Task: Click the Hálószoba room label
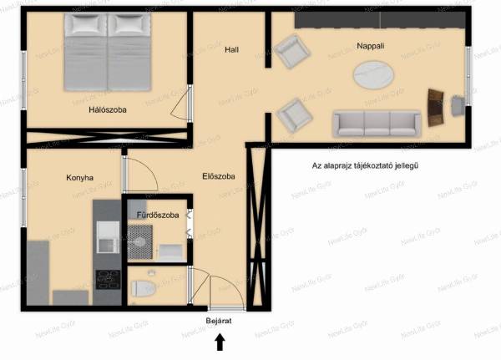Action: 108,110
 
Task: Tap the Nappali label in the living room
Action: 370,46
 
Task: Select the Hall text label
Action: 231,49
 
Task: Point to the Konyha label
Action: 79,178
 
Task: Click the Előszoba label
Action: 219,176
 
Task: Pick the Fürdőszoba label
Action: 158,215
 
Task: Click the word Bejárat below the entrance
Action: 219,321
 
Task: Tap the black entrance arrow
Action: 220,342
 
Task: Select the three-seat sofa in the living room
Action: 377,124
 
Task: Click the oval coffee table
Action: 373,75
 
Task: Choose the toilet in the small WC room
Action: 144,288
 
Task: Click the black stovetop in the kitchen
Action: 108,280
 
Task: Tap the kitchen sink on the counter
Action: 108,237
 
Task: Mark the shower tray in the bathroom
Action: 140,242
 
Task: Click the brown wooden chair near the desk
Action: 436,108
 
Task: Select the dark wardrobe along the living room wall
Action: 380,20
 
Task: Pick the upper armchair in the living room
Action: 291,52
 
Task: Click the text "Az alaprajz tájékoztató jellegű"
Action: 365,165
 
